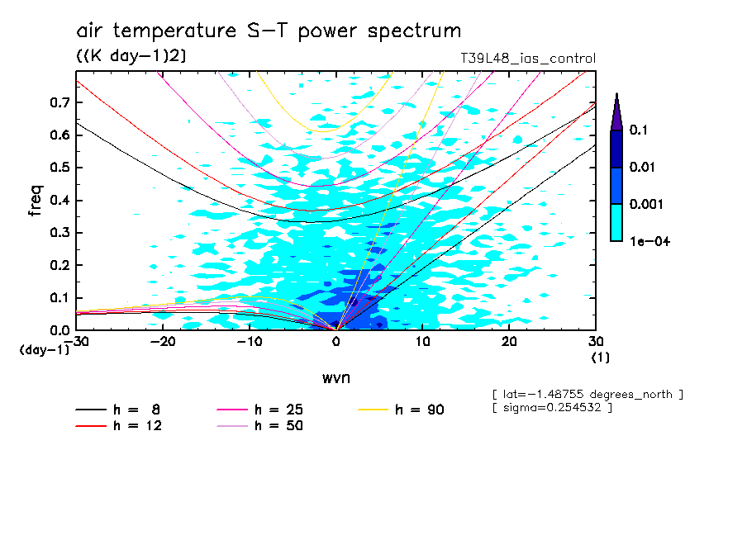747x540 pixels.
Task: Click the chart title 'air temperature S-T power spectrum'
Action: click(269, 31)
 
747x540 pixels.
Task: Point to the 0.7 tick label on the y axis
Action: click(59, 102)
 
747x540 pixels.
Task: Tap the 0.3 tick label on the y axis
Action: click(59, 233)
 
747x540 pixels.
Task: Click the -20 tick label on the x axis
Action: click(163, 341)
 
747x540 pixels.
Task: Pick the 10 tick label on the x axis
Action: click(422, 341)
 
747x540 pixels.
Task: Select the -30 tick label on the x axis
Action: click(76, 341)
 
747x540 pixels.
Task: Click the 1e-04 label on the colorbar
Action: click(644, 241)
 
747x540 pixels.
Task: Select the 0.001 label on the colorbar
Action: click(644, 204)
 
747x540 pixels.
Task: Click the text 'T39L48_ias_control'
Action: click(527, 59)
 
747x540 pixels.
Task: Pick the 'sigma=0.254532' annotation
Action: click(551, 409)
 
